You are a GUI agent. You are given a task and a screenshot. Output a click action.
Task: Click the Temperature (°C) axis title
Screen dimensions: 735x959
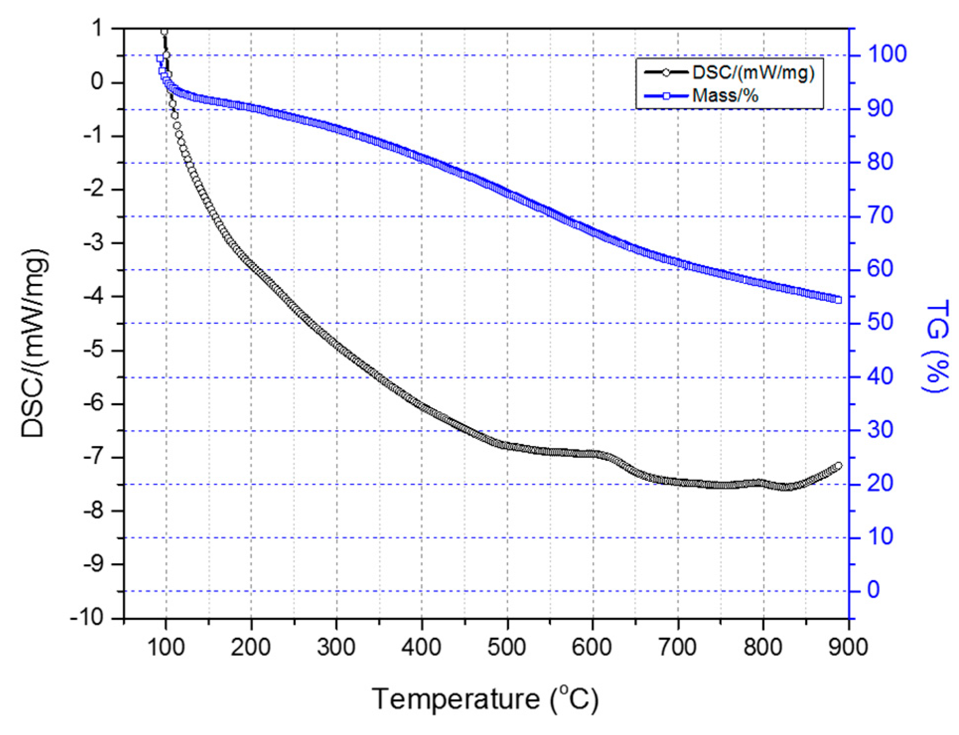[x=485, y=699]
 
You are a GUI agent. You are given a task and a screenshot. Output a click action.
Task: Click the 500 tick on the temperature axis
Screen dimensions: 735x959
[x=507, y=647]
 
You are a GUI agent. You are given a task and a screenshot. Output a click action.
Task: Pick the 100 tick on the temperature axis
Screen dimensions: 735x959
[x=166, y=647]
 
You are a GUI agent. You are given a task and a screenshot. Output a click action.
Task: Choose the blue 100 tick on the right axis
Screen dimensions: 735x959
[x=887, y=54]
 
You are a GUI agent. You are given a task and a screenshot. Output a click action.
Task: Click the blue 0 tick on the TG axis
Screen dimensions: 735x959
[x=873, y=590]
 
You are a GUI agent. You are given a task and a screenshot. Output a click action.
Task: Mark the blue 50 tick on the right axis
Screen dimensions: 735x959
[x=880, y=322]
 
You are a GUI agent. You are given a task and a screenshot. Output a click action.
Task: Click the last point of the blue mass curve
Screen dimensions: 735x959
[x=838, y=299]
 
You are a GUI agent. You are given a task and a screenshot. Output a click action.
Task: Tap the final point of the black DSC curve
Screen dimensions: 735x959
[x=838, y=465]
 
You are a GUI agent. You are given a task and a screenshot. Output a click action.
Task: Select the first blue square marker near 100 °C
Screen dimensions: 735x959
[x=160, y=59]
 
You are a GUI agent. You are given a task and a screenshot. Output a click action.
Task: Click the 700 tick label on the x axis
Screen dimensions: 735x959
[x=678, y=647]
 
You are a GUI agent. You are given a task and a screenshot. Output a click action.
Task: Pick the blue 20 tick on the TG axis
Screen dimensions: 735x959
[x=880, y=483]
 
